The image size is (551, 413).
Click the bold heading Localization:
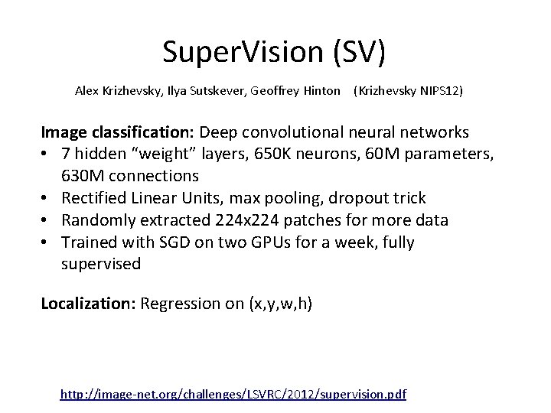click(86, 304)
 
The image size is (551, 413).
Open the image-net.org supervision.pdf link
click(233, 395)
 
